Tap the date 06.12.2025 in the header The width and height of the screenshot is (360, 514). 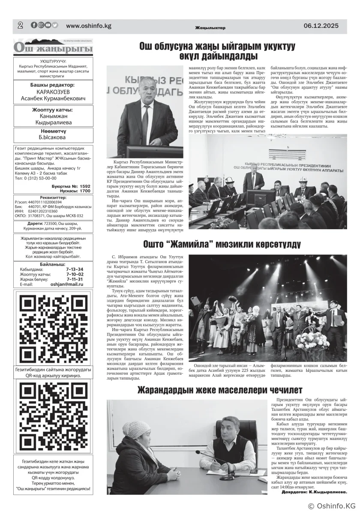pos(321,26)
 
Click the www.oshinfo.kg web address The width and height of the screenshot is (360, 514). pos(89,26)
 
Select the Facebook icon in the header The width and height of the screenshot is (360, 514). pos(34,25)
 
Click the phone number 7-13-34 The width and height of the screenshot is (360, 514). pos(75,269)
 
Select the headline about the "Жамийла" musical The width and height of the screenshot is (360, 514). pos(221,245)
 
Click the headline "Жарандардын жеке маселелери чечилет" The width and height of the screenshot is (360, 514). pos(219,390)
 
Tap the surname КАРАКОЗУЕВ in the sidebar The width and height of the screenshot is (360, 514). pos(53,92)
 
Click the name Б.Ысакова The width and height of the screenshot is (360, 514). pos(53,138)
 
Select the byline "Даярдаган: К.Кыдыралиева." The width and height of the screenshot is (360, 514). pos(314,492)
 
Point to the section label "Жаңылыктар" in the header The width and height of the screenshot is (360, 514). pos(210,28)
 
